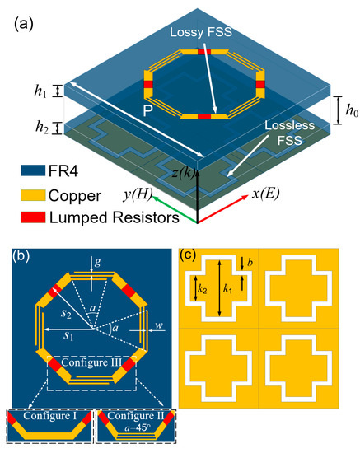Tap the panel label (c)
pyautogui.click(x=191, y=254)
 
